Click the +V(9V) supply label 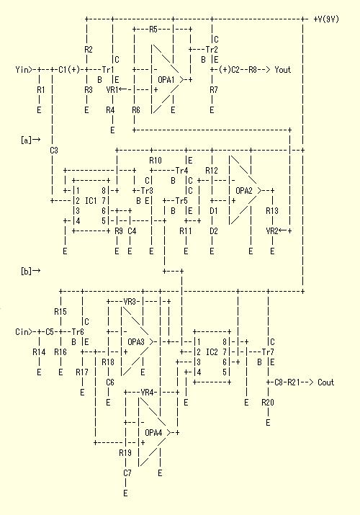(326, 19)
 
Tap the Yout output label (283, 70)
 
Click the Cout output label (326, 382)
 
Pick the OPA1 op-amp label (166, 80)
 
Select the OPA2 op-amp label (244, 190)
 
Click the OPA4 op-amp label (153, 433)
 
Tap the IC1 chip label (91, 200)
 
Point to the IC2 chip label (212, 352)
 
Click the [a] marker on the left (26, 140)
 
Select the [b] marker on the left (26, 271)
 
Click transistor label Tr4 (181, 171)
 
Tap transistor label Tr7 (268, 352)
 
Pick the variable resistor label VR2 (272, 231)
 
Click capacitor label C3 (54, 151)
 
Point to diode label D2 (214, 231)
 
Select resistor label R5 (153, 30)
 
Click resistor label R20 (268, 403)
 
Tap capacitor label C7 (127, 473)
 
